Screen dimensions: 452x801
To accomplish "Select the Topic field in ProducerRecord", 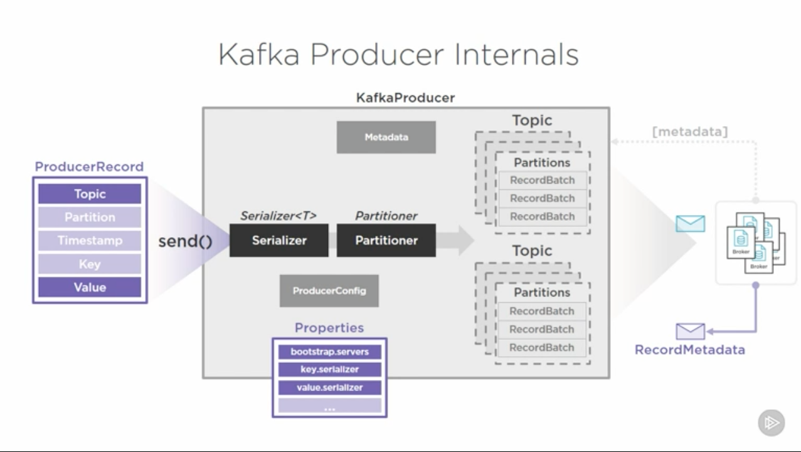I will [x=90, y=194].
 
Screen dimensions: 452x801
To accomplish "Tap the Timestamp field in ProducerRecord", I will [x=90, y=240].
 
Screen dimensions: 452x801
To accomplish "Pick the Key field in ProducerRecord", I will [x=90, y=264].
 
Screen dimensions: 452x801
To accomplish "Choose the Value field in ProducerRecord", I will [x=90, y=287].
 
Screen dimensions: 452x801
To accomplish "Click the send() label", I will [x=185, y=241].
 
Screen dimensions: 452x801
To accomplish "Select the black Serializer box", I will [x=279, y=240].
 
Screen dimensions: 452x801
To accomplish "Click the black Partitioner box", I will [x=386, y=240].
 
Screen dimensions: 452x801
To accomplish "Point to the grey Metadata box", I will [x=386, y=137].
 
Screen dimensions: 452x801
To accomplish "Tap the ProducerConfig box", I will [x=329, y=291].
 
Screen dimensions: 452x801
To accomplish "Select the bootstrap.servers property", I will [x=330, y=352].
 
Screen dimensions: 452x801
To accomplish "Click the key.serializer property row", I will [x=330, y=370].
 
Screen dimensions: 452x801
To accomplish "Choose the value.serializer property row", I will [x=330, y=387].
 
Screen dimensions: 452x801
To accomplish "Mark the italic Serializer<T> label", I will [x=278, y=216].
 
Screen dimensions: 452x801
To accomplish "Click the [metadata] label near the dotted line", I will [x=690, y=132].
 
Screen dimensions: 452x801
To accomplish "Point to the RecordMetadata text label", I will [x=690, y=350].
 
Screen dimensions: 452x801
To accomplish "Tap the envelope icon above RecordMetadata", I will [x=690, y=331].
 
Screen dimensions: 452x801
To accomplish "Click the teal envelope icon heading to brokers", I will [x=690, y=224].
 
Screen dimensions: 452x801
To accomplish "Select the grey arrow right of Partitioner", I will [x=458, y=241].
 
